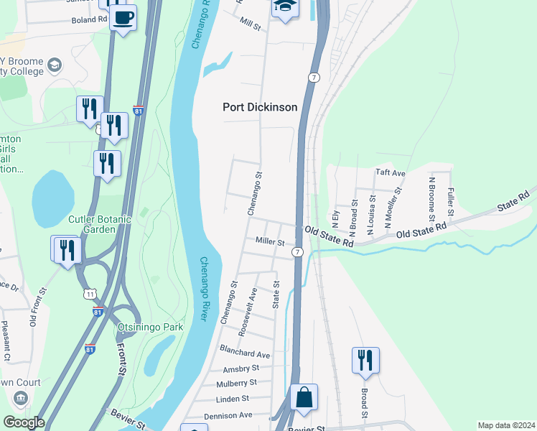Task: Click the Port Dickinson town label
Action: pyautogui.click(x=259, y=107)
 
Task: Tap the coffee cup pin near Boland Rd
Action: pyautogui.click(x=123, y=17)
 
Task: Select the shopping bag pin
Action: pyautogui.click(x=304, y=397)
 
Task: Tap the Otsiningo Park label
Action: pyautogui.click(x=150, y=327)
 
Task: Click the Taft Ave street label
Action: pyautogui.click(x=391, y=173)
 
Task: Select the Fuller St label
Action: pyautogui.click(x=450, y=202)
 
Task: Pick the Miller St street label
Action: pyautogui.click(x=270, y=243)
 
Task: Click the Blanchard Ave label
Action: pyautogui.click(x=246, y=354)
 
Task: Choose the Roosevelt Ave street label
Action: pyautogui.click(x=252, y=305)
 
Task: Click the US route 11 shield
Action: pyautogui.click(x=90, y=295)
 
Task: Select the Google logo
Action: pyautogui.click(x=23, y=422)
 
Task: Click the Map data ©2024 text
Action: pyautogui.click(x=506, y=425)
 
